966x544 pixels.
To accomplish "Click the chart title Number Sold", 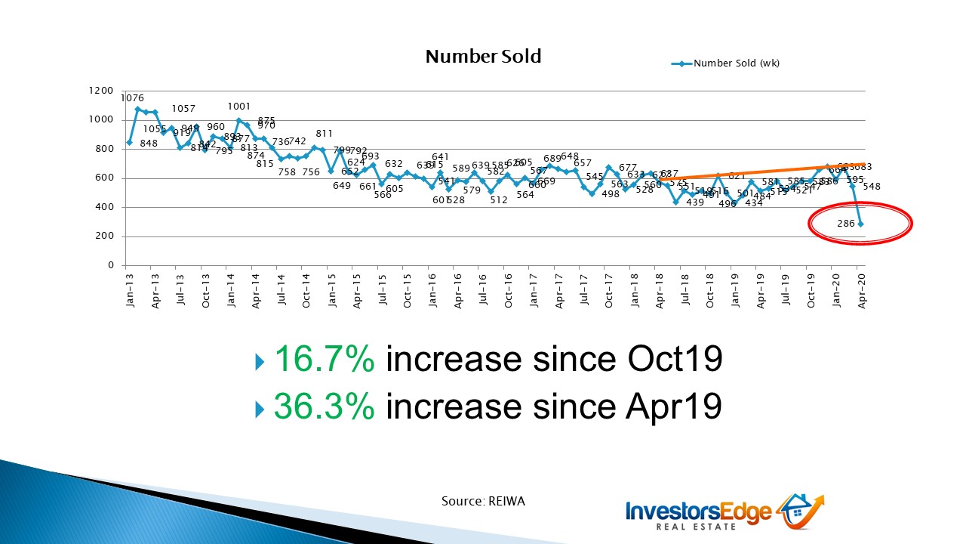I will tap(483, 57).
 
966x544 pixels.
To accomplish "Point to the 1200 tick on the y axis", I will tap(101, 91).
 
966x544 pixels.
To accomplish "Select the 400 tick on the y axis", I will tap(104, 207).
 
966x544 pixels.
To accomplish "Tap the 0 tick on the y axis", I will tap(110, 265).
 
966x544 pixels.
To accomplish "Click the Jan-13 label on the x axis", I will tap(131, 289).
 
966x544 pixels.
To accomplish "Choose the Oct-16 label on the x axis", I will tap(509, 289).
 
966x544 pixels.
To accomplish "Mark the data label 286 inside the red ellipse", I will tap(846, 224).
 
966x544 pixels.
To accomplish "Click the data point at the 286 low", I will tap(860, 224).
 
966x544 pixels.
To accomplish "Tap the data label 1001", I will tap(239, 107).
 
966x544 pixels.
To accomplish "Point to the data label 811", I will tap(325, 134).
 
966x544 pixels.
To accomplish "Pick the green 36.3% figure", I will tap(324, 407).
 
